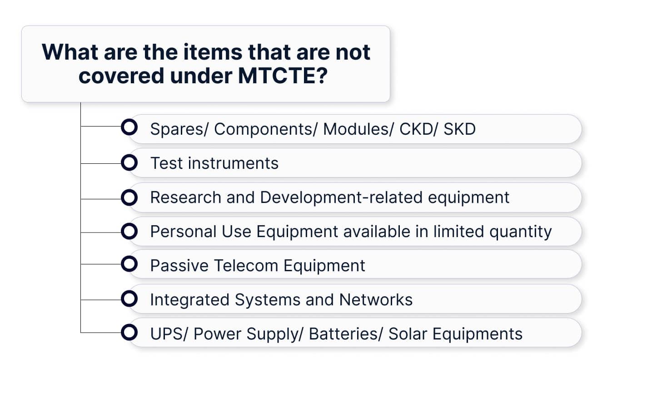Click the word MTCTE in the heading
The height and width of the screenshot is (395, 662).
click(x=283, y=76)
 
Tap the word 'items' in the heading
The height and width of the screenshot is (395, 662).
click(x=213, y=52)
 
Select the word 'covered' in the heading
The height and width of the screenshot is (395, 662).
click(x=121, y=76)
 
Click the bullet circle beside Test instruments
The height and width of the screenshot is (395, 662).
click(x=129, y=162)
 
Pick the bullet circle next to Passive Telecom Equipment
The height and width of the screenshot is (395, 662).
click(x=129, y=264)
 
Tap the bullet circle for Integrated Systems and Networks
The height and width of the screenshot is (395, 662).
click(x=129, y=299)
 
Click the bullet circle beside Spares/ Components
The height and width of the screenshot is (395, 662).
click(x=129, y=127)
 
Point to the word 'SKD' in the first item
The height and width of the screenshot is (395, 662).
click(x=459, y=129)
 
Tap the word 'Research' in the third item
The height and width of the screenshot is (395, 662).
click(x=185, y=197)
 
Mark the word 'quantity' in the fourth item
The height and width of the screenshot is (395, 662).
click(x=520, y=232)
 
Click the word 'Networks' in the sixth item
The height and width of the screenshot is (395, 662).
click(x=376, y=299)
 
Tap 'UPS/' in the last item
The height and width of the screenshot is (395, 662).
click(x=169, y=334)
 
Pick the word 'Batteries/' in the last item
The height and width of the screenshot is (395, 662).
click(x=346, y=334)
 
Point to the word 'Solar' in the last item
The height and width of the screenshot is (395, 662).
click(x=408, y=334)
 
